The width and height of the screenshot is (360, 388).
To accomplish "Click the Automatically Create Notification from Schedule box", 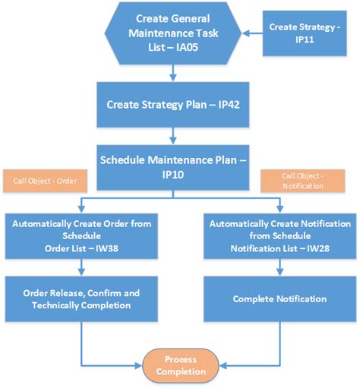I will click(x=279, y=235).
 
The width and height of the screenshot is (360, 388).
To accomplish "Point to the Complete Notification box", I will click(x=279, y=298).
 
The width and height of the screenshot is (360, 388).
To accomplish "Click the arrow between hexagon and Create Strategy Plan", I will click(x=175, y=73).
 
